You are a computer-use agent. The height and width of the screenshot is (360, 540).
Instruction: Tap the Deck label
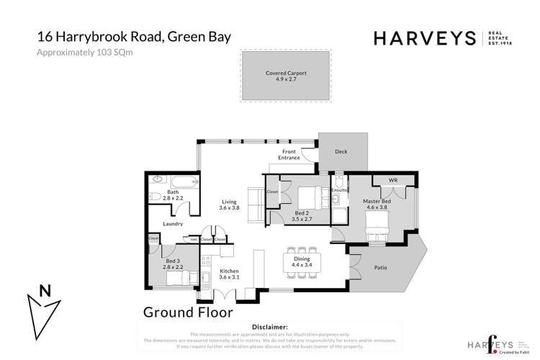[x=342, y=153]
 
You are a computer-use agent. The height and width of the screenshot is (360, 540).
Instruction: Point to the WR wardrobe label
[x=393, y=179]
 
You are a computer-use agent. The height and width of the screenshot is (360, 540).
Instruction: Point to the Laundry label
[x=172, y=224]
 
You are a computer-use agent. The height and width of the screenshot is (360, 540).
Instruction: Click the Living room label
[x=228, y=204]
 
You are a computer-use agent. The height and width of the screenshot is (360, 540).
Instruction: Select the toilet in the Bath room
[x=154, y=195]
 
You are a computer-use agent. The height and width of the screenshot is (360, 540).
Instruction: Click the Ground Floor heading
[x=187, y=312]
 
